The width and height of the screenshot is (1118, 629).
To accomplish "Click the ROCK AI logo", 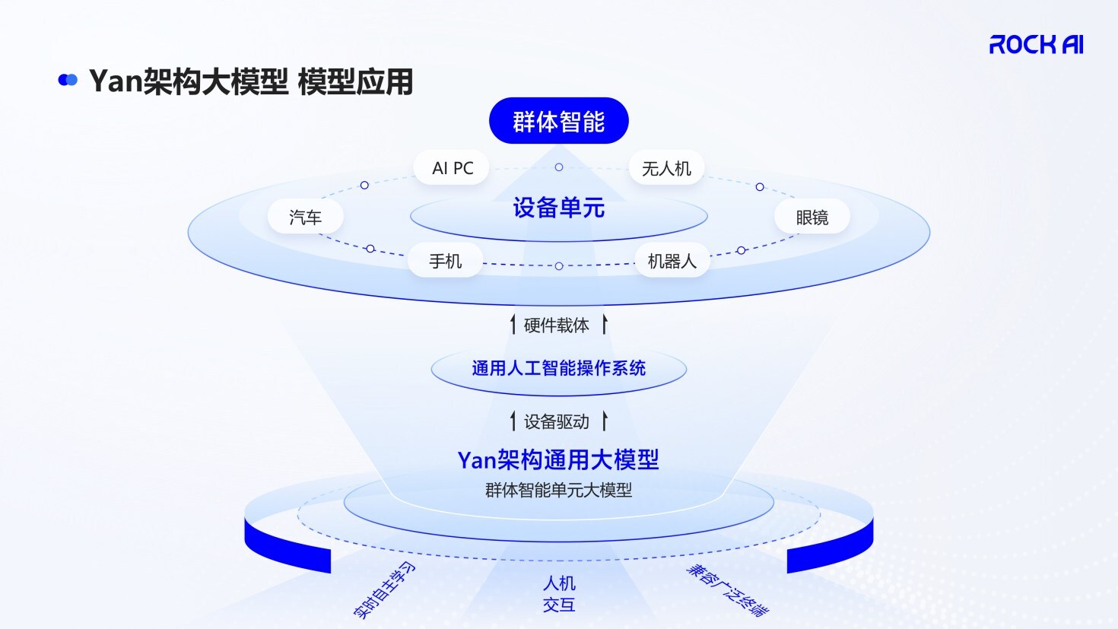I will (x=1036, y=45).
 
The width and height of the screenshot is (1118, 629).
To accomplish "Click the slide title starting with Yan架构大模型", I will (x=250, y=81).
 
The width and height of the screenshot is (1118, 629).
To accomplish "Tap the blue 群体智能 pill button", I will (x=558, y=121).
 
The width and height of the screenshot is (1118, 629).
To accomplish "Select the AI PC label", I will (x=453, y=168).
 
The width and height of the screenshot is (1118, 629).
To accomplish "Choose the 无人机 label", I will (x=666, y=168).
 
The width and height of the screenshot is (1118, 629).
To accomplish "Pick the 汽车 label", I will (x=306, y=218).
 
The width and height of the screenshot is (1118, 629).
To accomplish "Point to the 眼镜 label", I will (x=812, y=218).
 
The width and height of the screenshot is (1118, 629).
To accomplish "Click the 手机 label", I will (x=445, y=261).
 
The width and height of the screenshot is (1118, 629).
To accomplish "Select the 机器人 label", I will (x=672, y=261).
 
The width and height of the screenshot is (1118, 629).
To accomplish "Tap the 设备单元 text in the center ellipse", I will (x=558, y=208).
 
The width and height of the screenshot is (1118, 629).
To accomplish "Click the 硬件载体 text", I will (x=557, y=326).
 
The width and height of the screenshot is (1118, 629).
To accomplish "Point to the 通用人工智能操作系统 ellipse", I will (x=558, y=369).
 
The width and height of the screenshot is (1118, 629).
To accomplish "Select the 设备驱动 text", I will (x=557, y=421).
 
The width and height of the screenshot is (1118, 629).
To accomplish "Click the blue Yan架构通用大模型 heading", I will (x=558, y=459).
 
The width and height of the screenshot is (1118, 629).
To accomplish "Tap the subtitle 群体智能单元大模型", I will (x=558, y=490).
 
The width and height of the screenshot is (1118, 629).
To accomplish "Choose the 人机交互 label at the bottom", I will (x=559, y=594).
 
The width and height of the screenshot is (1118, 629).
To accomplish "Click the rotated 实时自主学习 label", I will (x=384, y=590).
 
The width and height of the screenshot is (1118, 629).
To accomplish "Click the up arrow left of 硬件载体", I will (x=513, y=325).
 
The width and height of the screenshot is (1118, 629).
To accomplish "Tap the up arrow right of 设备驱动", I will (x=605, y=421).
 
